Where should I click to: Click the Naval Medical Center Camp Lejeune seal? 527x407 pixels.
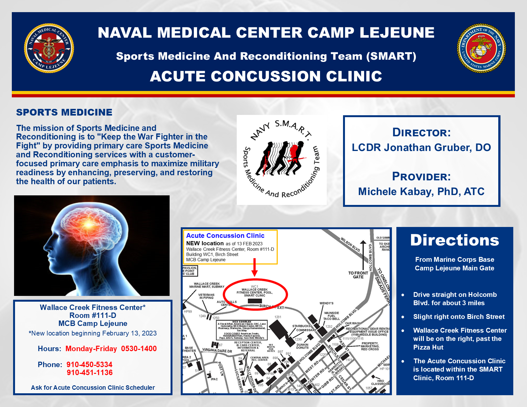(x=49, y=48)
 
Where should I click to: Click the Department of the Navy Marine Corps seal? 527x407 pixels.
(x=481, y=48)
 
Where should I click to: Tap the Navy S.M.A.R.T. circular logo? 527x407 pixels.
(x=281, y=160)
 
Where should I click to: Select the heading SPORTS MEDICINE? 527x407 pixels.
(x=64, y=112)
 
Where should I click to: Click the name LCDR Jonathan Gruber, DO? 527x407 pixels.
(x=421, y=147)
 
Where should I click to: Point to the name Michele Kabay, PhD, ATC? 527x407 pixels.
(x=421, y=192)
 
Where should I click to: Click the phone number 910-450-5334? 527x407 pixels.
(x=89, y=365)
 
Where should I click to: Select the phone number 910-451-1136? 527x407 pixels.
(x=90, y=373)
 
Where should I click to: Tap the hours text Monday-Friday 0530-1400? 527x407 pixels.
(x=111, y=349)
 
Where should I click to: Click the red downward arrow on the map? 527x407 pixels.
(x=255, y=268)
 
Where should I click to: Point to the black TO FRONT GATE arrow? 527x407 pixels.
(x=363, y=255)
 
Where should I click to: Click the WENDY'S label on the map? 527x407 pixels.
(x=326, y=303)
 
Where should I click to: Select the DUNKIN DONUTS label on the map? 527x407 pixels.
(x=302, y=346)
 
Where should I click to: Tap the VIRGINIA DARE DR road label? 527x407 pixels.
(x=217, y=350)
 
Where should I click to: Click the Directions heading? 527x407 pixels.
(x=454, y=240)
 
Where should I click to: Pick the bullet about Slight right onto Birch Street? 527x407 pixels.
(x=459, y=317)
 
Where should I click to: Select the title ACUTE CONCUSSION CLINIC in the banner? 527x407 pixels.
(x=266, y=76)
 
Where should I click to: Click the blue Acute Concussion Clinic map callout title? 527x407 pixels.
(x=225, y=236)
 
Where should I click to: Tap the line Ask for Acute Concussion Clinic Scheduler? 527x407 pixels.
(x=93, y=388)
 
